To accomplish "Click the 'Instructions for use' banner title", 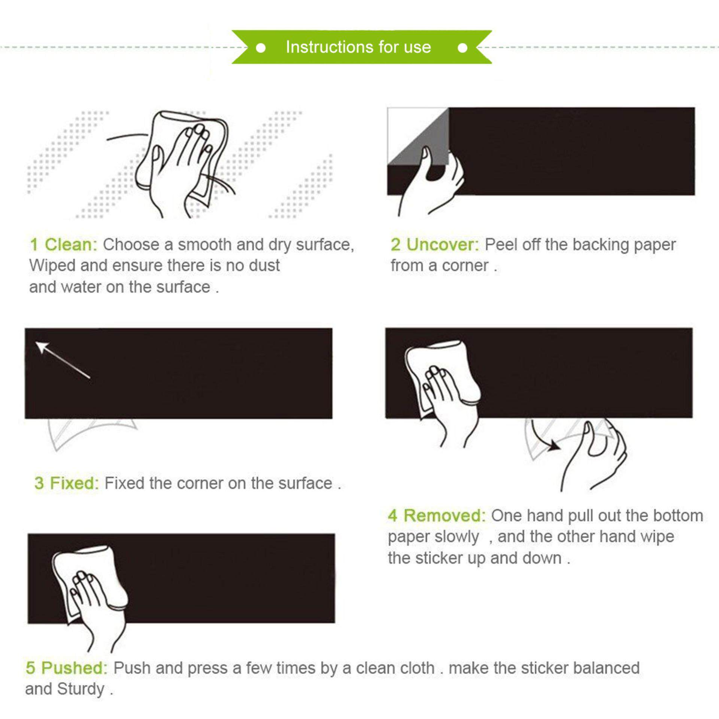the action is pos(358,47).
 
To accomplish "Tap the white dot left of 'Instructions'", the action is pos(261,48).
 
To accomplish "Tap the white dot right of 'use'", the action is pos(463,48).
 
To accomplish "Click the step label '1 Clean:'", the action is pos(64,245).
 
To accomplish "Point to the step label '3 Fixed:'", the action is pos(67,483).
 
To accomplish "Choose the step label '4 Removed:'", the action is pos(437,516).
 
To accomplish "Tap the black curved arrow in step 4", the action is pos(546,437).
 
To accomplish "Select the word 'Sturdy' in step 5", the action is pos(81,689).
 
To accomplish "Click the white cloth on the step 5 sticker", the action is pos(88,580).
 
